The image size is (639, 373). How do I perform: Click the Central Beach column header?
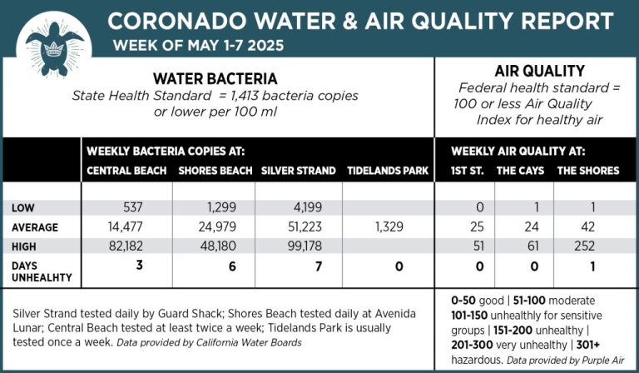click(x=126, y=171)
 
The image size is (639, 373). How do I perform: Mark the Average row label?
click(x=36, y=227)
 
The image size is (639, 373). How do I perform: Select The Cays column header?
click(x=520, y=171)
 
